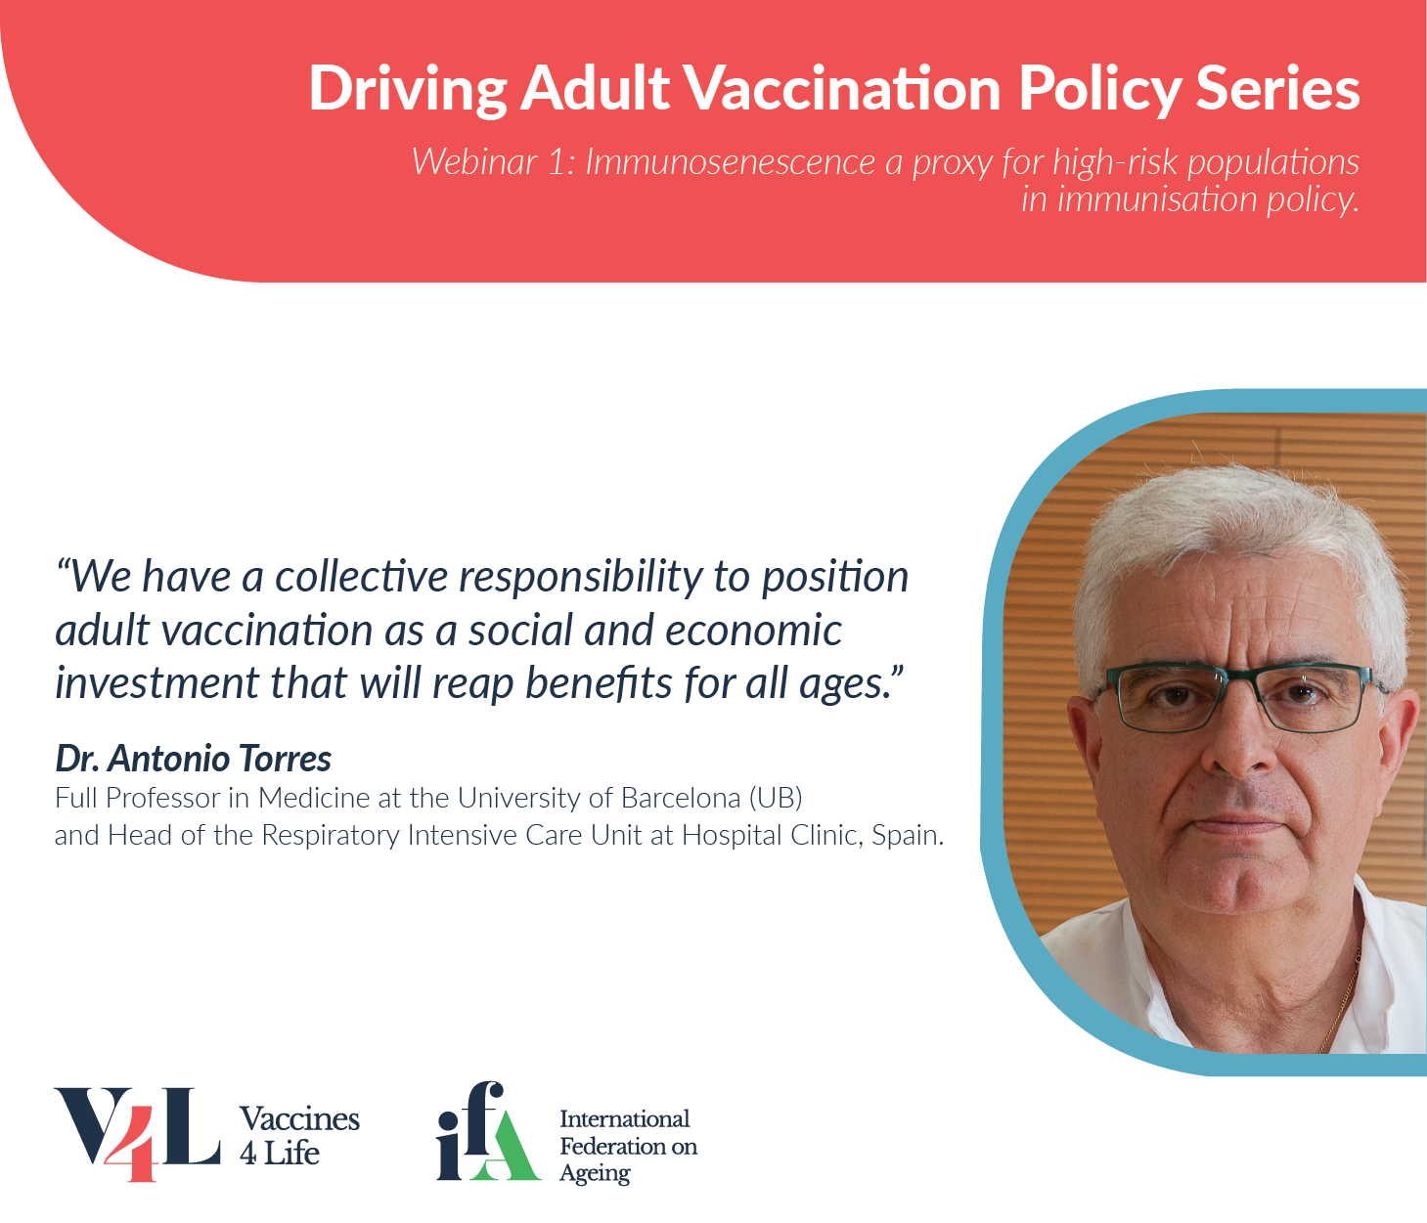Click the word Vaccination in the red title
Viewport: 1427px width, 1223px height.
tap(843, 88)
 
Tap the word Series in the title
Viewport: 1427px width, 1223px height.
tap(1278, 88)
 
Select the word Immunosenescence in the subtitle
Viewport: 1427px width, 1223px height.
tap(731, 162)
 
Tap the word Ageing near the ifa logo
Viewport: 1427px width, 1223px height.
tap(595, 1174)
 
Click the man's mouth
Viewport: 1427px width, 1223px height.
tap(1238, 823)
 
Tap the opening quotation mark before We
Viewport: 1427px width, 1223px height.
tap(63, 568)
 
